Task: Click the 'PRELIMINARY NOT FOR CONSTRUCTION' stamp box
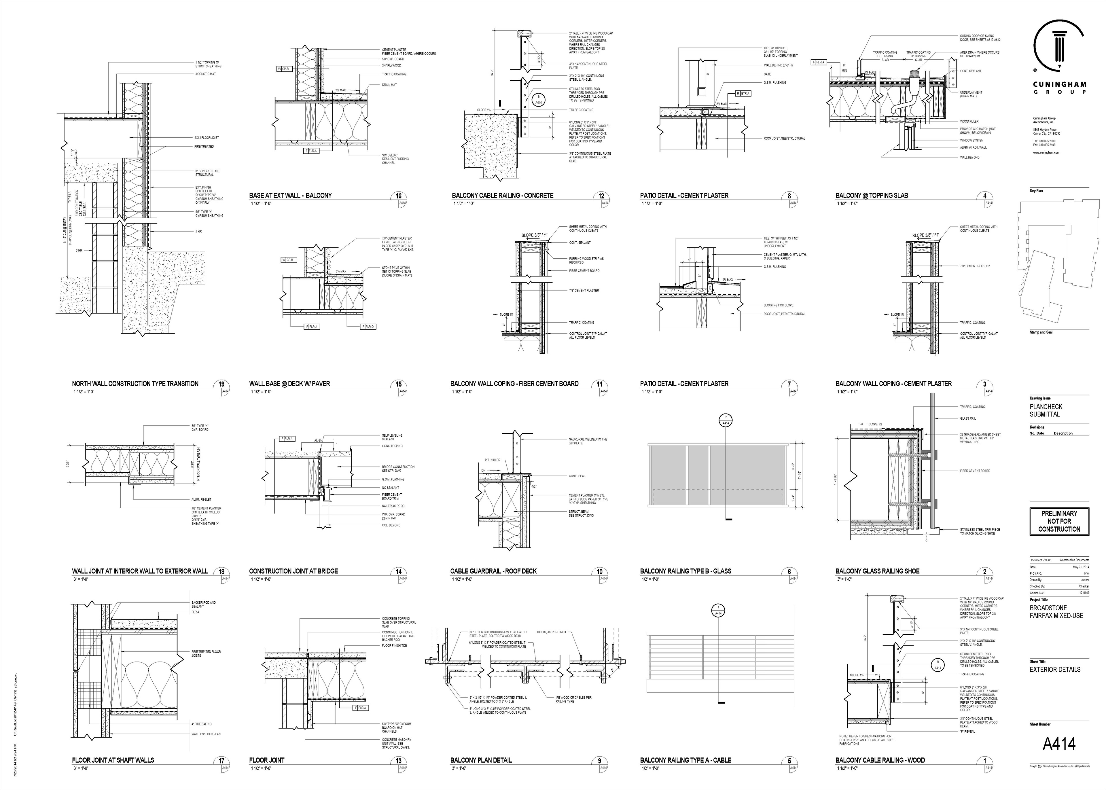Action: click(x=1059, y=521)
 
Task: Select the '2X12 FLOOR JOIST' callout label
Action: click(x=207, y=138)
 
